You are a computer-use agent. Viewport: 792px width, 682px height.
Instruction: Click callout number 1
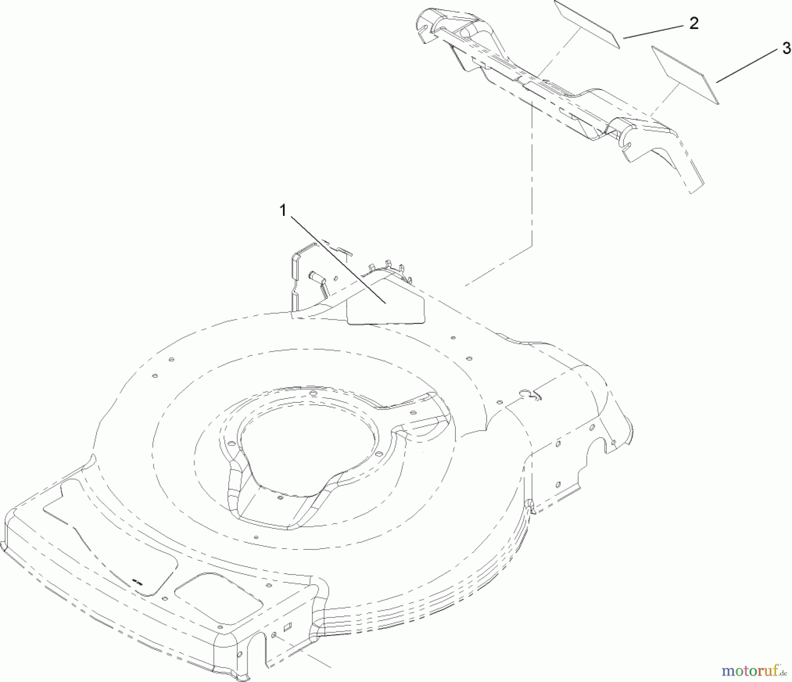283,211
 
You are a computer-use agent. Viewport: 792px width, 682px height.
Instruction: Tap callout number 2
693,23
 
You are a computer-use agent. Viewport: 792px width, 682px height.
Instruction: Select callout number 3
786,48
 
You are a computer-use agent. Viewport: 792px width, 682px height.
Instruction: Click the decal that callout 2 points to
587,24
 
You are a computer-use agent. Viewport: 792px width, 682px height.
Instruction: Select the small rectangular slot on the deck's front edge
288,626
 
